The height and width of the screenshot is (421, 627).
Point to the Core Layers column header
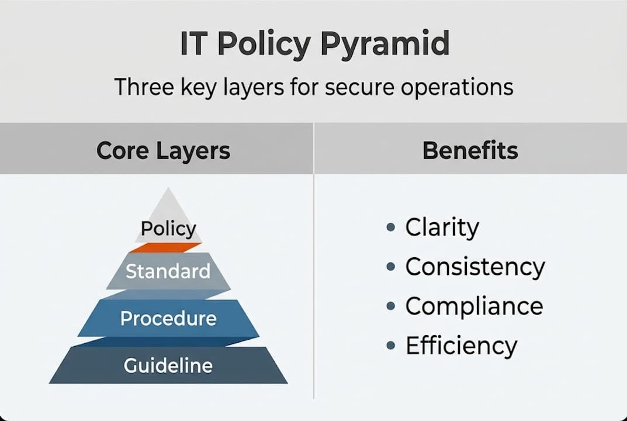click(x=163, y=150)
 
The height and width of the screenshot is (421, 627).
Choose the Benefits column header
click(x=470, y=150)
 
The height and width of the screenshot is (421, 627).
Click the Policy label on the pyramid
click(x=168, y=229)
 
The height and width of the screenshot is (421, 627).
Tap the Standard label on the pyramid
click(x=168, y=271)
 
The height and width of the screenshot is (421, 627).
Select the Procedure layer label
click(x=168, y=319)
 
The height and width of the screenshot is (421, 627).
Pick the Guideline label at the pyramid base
click(x=168, y=365)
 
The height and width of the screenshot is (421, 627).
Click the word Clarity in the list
click(x=442, y=227)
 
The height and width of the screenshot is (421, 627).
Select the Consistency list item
click(x=474, y=267)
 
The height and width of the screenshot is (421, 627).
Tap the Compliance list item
click(x=474, y=306)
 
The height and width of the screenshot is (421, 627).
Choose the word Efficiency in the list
click(x=461, y=346)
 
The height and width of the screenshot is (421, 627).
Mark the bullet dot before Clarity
click(x=391, y=227)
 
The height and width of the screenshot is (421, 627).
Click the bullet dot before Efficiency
click(x=391, y=346)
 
